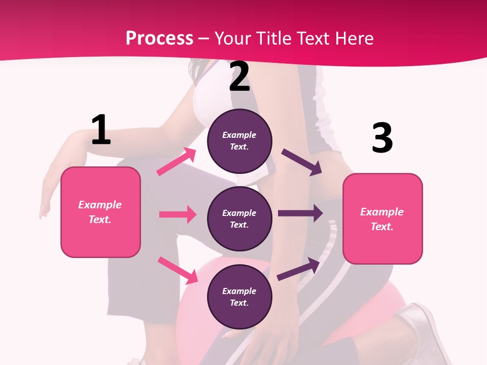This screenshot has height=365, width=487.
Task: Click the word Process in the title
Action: [x=159, y=39]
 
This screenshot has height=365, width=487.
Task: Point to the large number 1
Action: [x=101, y=130]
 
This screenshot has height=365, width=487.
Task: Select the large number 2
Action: [x=239, y=77]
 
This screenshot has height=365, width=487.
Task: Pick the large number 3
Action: [x=382, y=138]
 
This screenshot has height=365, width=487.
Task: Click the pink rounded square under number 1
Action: [x=100, y=212]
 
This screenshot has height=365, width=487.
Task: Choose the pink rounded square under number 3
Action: [x=382, y=218]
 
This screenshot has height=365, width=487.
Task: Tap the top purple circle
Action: [x=239, y=141]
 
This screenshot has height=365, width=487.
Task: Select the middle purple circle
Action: [x=239, y=218]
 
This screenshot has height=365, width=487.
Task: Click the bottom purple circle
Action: [x=239, y=297]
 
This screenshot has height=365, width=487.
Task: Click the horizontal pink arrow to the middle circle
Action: [x=178, y=214]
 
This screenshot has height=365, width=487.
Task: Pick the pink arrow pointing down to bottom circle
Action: [x=178, y=270]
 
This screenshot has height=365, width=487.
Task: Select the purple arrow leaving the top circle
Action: [x=302, y=162]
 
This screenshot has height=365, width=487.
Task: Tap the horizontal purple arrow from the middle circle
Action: [x=300, y=213]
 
